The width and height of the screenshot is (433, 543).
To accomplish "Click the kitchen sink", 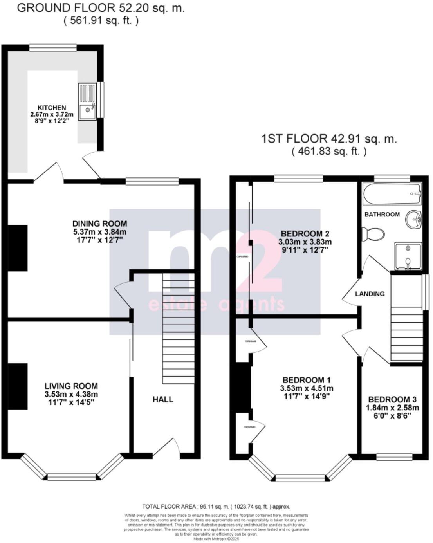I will [x=87, y=101].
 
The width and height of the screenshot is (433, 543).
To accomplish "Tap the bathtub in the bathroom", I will [x=392, y=194].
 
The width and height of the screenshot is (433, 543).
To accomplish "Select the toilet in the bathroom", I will [x=374, y=235].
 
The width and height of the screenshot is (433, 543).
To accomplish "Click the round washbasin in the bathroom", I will [x=413, y=220].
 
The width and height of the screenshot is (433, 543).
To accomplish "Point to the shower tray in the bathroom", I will [x=408, y=256].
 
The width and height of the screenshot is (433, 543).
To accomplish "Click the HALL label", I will [x=163, y=399].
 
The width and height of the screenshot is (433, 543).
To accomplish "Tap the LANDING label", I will [x=370, y=294].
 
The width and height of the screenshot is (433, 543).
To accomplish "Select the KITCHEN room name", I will [x=52, y=108].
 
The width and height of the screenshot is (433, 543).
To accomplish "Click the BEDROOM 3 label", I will [x=392, y=399].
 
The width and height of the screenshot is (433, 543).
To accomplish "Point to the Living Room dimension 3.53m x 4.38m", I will [x=71, y=394].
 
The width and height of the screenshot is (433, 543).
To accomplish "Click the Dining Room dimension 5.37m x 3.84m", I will [x=99, y=232].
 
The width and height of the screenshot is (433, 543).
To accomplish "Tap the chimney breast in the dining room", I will [x=18, y=248].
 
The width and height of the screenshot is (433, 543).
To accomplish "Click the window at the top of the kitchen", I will [x=53, y=47].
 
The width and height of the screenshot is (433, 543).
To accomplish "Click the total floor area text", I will [x=216, y=507].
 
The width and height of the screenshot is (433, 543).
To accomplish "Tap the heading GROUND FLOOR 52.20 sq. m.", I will [x=101, y=8].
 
